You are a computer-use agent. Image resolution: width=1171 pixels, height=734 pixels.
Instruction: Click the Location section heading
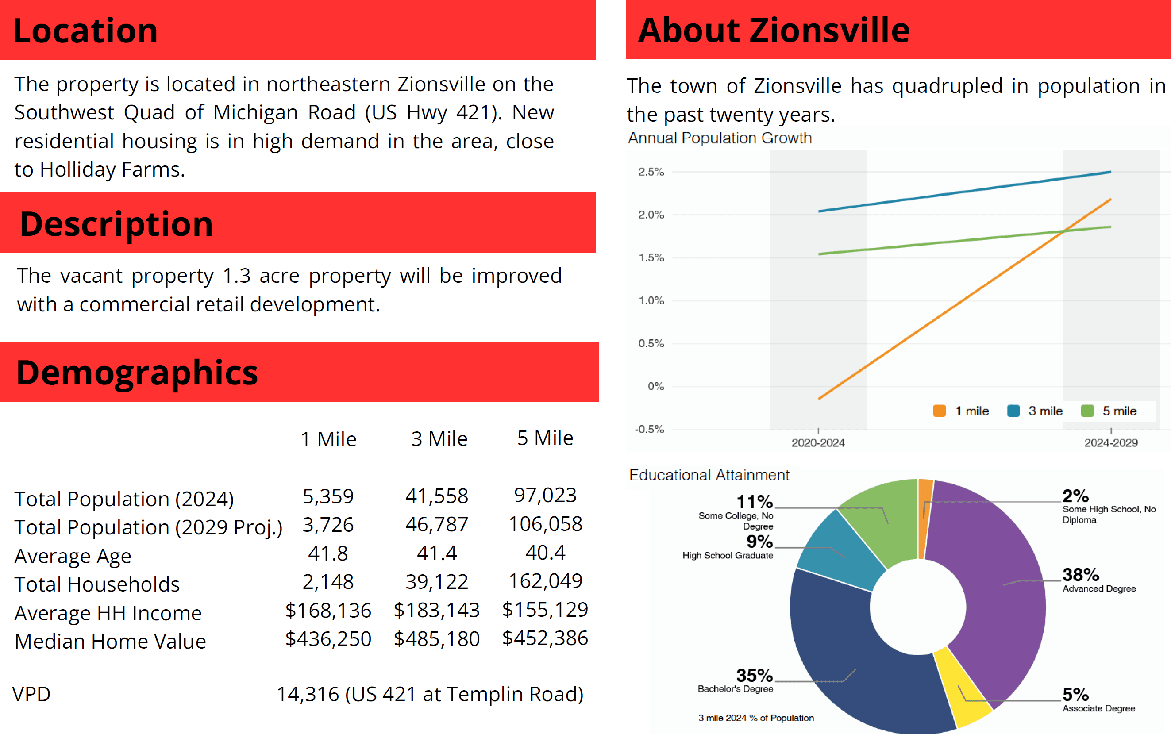pos(85,31)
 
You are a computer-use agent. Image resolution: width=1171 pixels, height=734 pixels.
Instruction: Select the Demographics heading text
pos(137,373)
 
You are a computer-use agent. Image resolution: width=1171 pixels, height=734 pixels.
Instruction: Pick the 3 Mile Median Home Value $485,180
pos(436,639)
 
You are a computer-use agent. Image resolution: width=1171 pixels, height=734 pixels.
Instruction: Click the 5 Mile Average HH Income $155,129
pos(545,610)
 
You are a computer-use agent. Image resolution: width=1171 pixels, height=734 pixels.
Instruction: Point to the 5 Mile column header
pos(545,438)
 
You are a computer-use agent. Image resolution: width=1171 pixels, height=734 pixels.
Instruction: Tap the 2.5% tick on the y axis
pos(651,172)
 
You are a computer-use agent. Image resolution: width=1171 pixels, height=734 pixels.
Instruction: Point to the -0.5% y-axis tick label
pos(649,430)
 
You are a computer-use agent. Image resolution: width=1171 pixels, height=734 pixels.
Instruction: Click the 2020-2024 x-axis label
pos(818,443)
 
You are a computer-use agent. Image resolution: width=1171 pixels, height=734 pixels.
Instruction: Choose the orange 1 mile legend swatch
pos(940,411)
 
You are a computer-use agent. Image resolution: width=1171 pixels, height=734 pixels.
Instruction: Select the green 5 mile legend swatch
pos(1087,411)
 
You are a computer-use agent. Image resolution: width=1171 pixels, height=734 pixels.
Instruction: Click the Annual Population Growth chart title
pos(720,138)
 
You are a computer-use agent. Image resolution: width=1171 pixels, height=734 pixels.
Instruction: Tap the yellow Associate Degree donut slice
pos(964,687)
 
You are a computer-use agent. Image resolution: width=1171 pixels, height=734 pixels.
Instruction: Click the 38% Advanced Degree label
pos(1081,575)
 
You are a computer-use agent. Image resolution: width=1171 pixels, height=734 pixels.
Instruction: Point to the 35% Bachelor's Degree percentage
pos(754,675)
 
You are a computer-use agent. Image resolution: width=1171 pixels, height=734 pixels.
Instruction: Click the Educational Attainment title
pos(709,475)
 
